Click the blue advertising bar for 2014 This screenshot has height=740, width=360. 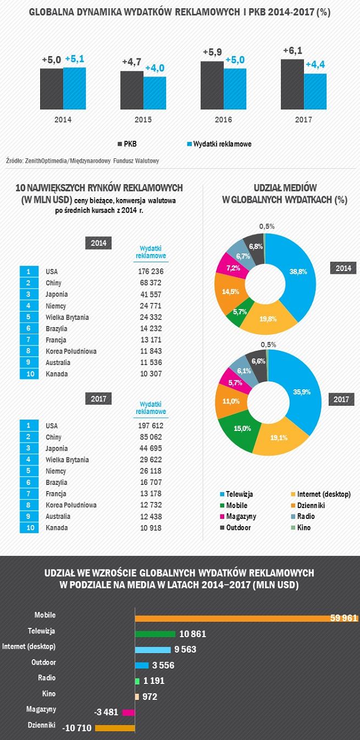coord(74,88)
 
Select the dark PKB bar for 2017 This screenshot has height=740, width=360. coord(292,84)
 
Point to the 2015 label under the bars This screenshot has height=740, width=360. coord(143,119)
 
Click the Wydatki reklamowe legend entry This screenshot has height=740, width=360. coord(219,144)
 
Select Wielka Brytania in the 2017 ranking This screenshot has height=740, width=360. coord(67,460)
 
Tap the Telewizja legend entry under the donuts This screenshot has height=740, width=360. coord(239,494)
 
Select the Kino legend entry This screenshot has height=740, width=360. coord(300,527)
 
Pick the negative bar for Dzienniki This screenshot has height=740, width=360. coord(115,728)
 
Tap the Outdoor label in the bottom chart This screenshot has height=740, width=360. coord(45,662)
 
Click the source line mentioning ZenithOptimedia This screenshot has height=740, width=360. coord(82,161)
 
